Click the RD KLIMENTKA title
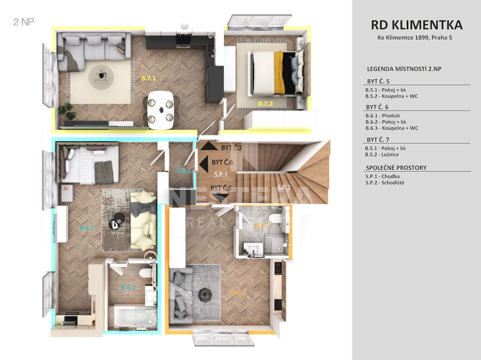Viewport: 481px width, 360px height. click(416, 25)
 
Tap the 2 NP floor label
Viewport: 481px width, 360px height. click(24, 22)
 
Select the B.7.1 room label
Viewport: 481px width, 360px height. click(149, 78)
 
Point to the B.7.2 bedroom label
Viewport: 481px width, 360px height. click(265, 103)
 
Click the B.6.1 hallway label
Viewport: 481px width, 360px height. click(184, 171)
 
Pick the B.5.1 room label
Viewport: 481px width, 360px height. click(238, 292)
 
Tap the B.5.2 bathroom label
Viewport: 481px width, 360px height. click(262, 225)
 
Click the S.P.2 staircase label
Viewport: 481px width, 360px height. click(284, 187)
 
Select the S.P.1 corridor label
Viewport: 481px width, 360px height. click(220, 175)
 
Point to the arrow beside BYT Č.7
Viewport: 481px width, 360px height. click(209, 146)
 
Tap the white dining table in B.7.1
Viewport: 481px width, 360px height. click(161, 110)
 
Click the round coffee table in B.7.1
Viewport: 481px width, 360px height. click(101, 77)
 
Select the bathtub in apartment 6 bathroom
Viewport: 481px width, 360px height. click(135, 317)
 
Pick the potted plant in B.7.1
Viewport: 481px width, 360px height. click(67, 111)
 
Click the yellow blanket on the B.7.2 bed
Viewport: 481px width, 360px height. click(279, 73)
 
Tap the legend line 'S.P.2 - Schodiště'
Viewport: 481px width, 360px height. click(385, 183)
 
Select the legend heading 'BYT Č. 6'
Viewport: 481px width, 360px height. click(377, 107)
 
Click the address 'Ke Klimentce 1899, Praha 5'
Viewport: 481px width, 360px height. click(414, 38)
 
